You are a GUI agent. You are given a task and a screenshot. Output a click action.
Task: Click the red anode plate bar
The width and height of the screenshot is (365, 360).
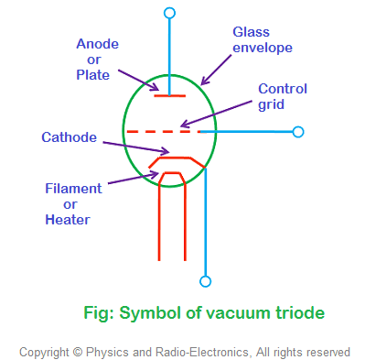[169, 94]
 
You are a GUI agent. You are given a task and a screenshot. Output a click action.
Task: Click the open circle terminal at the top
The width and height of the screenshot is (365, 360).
[169, 12]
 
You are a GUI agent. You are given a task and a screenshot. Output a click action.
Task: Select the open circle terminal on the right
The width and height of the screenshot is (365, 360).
[297, 132]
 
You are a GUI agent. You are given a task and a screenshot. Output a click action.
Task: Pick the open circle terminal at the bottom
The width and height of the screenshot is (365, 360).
[206, 281]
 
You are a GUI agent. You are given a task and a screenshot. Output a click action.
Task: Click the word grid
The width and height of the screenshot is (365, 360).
[273, 105]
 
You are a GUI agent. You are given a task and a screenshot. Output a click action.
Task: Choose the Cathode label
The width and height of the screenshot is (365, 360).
[70, 137]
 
